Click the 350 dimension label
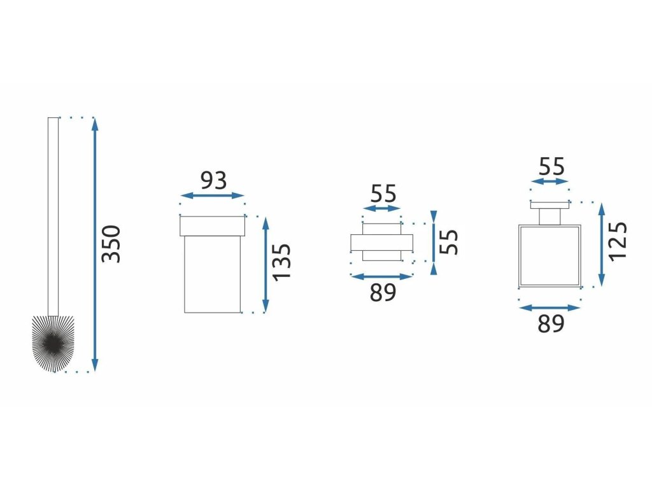[x=111, y=244]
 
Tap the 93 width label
[x=214, y=180]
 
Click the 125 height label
[x=618, y=241]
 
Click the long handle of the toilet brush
[x=53, y=216]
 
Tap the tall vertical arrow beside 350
[x=95, y=244]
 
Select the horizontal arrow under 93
[x=213, y=196]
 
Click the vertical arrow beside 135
[x=266, y=265]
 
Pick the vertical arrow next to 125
[x=601, y=244]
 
